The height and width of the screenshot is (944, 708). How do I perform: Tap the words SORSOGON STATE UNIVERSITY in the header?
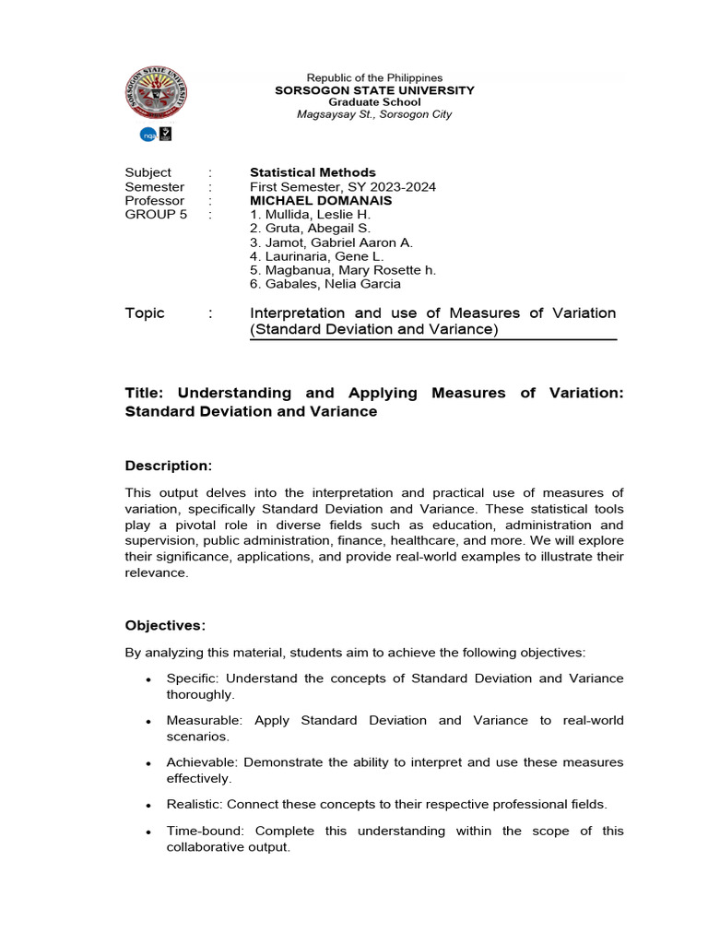coord(374,90)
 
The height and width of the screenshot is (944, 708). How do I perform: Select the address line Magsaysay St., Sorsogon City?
coord(374,114)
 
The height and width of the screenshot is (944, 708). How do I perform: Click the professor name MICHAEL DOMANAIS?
coord(321,200)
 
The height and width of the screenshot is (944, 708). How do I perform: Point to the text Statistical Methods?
coord(313,172)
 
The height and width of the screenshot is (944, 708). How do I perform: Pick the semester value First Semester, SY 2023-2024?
coord(343,186)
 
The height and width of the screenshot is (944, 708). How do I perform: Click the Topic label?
coord(145,313)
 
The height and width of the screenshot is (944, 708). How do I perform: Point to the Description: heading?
coord(169,466)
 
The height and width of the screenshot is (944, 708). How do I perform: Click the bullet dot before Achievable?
coord(148,764)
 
